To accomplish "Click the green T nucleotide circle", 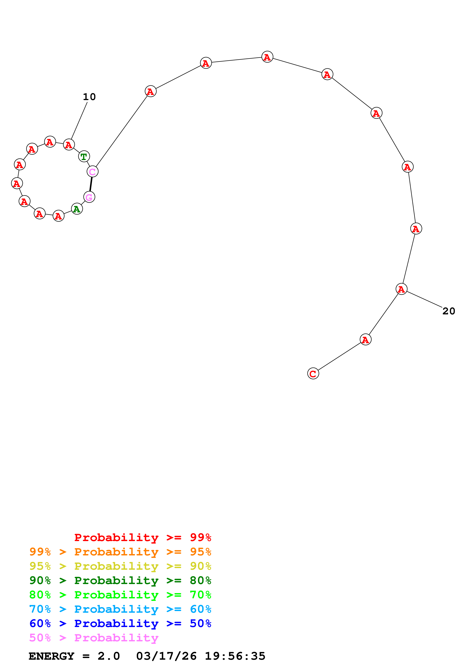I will pyautogui.click(x=84, y=156).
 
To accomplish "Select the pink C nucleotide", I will pyautogui.click(x=92, y=172).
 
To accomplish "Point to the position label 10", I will pyautogui.click(x=89, y=97).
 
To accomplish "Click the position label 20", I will pyautogui.click(x=449, y=311).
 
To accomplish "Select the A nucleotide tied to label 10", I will pyautogui.click(x=69, y=144).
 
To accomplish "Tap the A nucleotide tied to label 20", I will pyautogui.click(x=401, y=289).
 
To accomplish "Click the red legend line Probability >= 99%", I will pyautogui.click(x=142, y=537).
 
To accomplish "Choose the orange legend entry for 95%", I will pyautogui.click(x=120, y=552).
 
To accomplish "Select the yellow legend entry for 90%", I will pyautogui.click(x=120, y=566).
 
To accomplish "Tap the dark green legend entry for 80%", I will pyautogui.click(x=120, y=580).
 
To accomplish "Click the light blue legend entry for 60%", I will pyautogui.click(x=120, y=609).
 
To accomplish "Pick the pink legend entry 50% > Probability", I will pyautogui.click(x=94, y=638).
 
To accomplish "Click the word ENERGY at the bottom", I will pyautogui.click(x=51, y=656).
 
